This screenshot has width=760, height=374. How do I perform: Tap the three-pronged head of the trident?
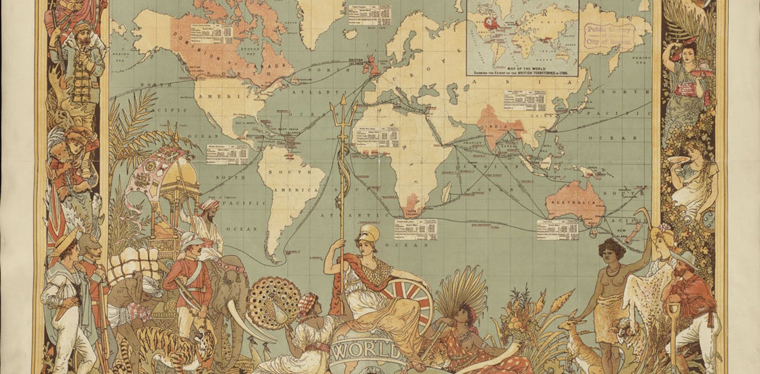pyautogui.click(x=339, y=113)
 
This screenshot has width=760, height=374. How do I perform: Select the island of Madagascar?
pyautogui.click(x=447, y=194)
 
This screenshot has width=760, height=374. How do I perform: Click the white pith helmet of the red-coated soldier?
pyautogui.click(x=188, y=239)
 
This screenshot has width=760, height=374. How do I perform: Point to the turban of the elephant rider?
pyautogui.click(x=210, y=204)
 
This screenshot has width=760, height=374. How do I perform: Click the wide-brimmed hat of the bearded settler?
pyautogui.click(x=685, y=258)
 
